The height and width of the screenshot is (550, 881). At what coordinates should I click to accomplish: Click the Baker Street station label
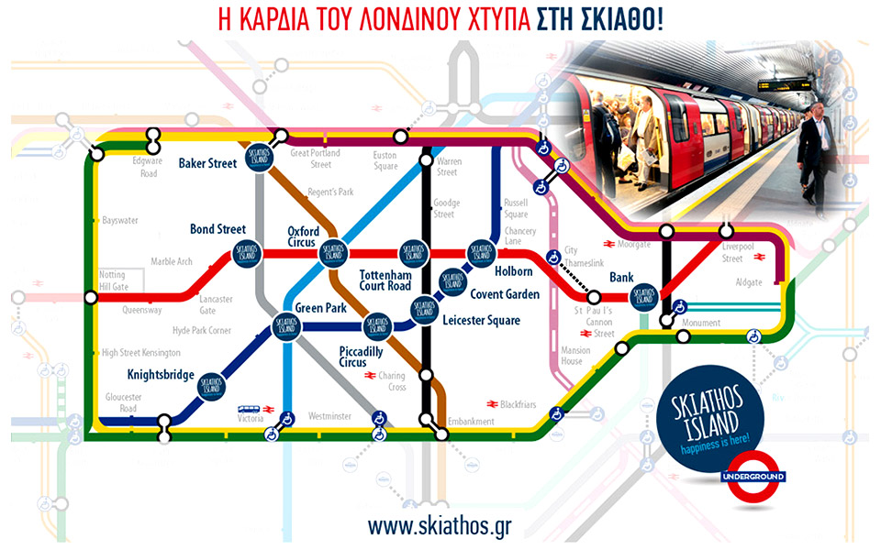[208, 164]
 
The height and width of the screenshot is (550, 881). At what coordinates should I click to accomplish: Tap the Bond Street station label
[217, 228]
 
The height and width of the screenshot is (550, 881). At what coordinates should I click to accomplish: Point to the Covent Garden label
[506, 295]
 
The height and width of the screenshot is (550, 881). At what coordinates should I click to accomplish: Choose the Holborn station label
[513, 271]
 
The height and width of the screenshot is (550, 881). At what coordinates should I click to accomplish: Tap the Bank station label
[622, 277]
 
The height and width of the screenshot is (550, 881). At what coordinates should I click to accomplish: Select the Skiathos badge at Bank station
[645, 296]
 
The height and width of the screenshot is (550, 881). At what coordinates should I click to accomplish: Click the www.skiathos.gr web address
[439, 527]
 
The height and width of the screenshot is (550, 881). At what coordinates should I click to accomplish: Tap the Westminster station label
[329, 416]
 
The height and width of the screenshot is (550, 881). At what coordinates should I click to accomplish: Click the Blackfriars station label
[517, 404]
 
